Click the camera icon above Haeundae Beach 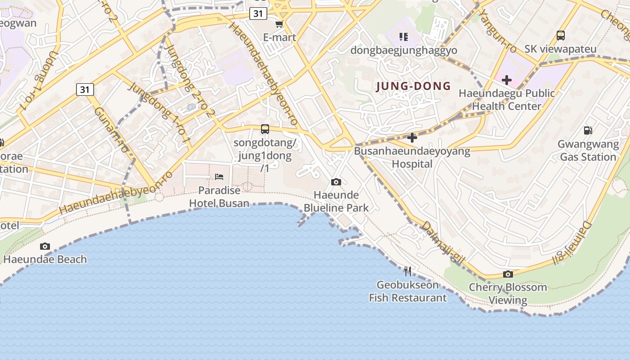tap(45, 246)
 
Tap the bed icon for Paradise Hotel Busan tap(219, 177)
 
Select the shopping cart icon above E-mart tap(279, 24)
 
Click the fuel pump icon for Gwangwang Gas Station tap(588, 130)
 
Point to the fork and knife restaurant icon tap(408, 271)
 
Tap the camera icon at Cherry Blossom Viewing tap(508, 274)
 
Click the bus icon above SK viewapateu tap(560, 36)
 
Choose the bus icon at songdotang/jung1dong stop tap(265, 129)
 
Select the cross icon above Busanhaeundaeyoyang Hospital tap(412, 138)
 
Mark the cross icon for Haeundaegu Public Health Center tap(507, 80)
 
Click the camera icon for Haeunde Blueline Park tap(336, 182)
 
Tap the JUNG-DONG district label tap(413, 86)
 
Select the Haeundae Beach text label tap(45, 259)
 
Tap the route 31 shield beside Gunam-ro tap(85, 90)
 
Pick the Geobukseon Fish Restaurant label tap(408, 291)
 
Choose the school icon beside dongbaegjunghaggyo tap(403, 36)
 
